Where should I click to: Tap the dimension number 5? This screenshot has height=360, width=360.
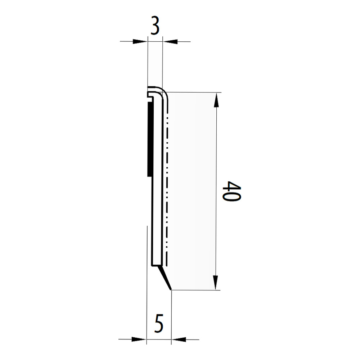pyautogui.click(x=159, y=324)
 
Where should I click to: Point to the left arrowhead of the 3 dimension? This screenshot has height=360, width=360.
pyautogui.click(x=140, y=41)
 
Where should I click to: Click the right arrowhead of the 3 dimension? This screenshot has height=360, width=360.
pyautogui.click(x=170, y=41)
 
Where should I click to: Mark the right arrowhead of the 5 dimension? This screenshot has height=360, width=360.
pyautogui.click(x=179, y=339)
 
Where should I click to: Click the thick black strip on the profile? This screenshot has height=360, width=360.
pyautogui.click(x=149, y=140)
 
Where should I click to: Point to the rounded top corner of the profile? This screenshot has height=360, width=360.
pyautogui.click(x=162, y=91)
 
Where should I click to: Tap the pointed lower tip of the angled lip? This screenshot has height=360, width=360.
pyautogui.click(x=171, y=289)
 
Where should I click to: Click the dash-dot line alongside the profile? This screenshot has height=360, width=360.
pyautogui.click(x=167, y=180)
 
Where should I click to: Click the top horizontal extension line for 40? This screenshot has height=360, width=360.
pyautogui.click(x=194, y=93)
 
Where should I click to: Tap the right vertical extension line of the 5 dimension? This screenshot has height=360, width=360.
pyautogui.click(x=172, y=317)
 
